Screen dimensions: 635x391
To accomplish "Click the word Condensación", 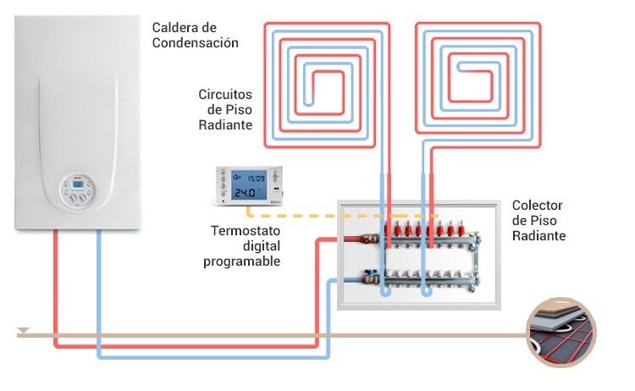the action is [196, 43].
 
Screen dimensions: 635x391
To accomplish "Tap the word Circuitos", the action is [225, 95].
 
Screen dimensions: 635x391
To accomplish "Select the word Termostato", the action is [246, 231].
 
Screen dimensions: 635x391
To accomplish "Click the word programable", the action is [242, 262].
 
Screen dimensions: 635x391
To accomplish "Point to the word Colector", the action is [537, 205].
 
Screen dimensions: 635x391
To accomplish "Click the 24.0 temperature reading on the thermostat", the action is [246, 193].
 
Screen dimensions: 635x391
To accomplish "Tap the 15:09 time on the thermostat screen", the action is [256, 178].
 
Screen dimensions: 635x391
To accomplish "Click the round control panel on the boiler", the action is [78, 191].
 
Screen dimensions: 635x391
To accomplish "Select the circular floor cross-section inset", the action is [560, 333].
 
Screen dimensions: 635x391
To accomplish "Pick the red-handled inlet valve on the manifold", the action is [369, 239].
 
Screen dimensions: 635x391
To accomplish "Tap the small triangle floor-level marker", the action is [24, 330].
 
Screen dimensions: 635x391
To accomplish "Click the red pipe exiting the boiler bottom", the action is [56, 289].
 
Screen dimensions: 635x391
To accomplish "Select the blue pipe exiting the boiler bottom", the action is [99, 294].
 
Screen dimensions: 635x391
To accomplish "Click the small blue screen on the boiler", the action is [78, 184].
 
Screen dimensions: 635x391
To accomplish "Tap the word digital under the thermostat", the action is [262, 246].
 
